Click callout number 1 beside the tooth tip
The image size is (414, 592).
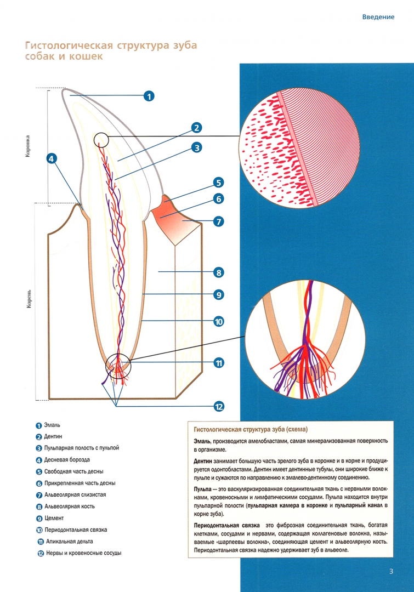(x=149, y=96)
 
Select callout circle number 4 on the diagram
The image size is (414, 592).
(x=52, y=158)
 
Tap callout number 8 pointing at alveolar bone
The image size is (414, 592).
(x=219, y=272)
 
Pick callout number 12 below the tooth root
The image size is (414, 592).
(x=219, y=407)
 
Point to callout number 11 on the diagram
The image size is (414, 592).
(x=219, y=363)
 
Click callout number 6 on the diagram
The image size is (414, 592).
(x=219, y=199)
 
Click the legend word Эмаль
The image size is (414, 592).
(x=52, y=425)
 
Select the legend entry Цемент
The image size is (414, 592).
(x=54, y=518)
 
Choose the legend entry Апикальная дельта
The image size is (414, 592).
(x=70, y=542)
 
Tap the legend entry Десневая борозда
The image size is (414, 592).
(x=67, y=460)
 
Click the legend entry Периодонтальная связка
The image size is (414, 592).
(x=76, y=530)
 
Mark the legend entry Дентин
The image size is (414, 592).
(x=53, y=436)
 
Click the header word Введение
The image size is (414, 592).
(x=378, y=17)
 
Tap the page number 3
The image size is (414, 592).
(x=391, y=571)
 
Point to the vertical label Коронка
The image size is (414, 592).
(x=28, y=146)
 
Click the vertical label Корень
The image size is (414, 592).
(x=29, y=299)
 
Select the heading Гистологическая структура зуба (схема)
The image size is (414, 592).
(x=251, y=429)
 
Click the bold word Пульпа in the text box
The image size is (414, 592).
(x=202, y=489)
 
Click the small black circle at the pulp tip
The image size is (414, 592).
(x=101, y=140)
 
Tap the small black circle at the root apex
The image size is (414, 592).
(x=118, y=366)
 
